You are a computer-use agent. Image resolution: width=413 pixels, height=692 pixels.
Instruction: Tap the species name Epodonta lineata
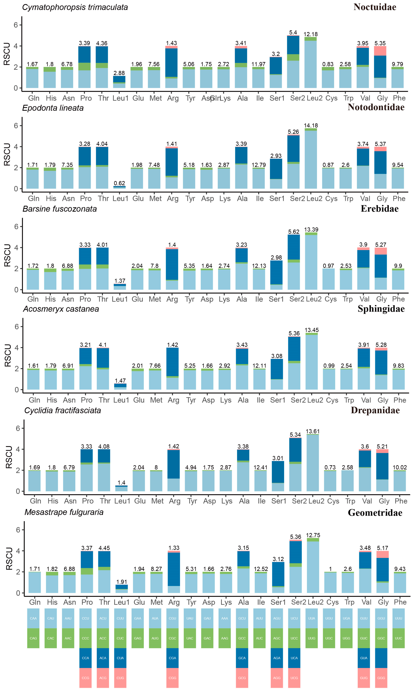[x=53, y=108]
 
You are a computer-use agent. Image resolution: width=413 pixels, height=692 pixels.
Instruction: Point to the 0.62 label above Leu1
[x=119, y=183]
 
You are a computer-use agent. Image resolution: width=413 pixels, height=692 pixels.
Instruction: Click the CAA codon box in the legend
[x=33, y=618]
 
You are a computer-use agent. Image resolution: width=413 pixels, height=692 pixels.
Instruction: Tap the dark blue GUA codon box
[x=364, y=658]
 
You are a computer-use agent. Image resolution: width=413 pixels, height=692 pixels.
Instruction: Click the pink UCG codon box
[x=294, y=678]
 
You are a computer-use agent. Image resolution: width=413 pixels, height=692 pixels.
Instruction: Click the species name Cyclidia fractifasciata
[x=63, y=410]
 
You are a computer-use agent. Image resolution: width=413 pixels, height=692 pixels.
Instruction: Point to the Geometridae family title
[x=375, y=513]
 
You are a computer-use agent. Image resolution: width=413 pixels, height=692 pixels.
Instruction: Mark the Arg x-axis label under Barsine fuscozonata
[x=172, y=299]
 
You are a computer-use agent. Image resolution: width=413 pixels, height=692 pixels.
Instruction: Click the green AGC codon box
[x=277, y=638]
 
